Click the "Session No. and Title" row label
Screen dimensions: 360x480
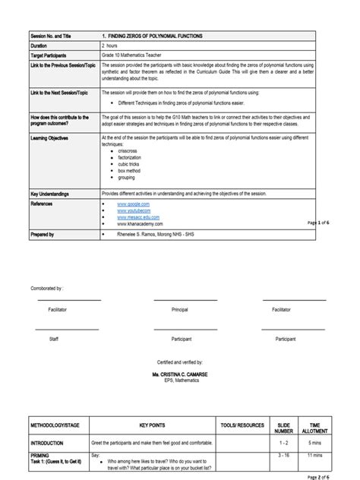[49, 36]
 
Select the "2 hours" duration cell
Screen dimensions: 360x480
[112, 46]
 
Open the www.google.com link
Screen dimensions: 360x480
[133, 204]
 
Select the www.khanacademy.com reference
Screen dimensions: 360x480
[140, 224]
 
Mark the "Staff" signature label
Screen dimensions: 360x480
[53, 338]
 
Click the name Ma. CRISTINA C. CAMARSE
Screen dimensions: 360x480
[180, 375]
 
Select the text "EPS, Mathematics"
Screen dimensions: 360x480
[180, 381]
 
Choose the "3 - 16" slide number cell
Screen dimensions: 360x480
[284, 454]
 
